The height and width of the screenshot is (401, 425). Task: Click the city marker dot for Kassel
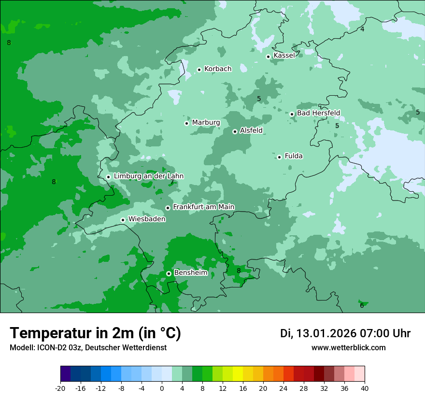(268, 57)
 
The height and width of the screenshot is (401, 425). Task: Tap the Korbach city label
(218, 69)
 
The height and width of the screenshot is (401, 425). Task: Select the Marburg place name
(206, 123)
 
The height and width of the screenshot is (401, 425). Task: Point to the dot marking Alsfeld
(235, 131)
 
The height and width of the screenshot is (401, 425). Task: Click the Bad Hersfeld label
(318, 113)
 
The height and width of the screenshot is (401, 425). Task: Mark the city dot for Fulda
(279, 157)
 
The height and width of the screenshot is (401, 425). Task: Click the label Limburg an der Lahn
(148, 176)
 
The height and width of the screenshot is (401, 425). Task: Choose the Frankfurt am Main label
(203, 207)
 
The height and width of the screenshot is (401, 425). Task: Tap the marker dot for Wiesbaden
(123, 220)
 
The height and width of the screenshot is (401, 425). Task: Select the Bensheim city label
(190, 273)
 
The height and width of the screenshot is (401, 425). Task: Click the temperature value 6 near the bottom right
(362, 305)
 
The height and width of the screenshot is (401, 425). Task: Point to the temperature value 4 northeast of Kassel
(362, 29)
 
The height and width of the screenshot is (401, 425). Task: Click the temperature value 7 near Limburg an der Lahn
(171, 182)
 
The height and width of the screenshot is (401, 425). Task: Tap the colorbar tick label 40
(365, 388)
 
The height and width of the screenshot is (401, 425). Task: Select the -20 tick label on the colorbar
(60, 388)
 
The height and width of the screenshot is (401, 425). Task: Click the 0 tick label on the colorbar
(162, 388)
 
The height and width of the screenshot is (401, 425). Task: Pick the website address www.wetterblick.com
(348, 348)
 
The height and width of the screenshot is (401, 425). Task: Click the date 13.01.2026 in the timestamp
(326, 333)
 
